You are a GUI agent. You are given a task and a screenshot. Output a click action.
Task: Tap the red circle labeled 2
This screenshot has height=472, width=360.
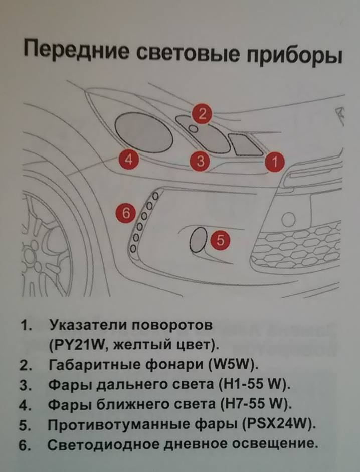coord(202,114)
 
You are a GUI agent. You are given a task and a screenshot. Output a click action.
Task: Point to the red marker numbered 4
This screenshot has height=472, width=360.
coord(129,160)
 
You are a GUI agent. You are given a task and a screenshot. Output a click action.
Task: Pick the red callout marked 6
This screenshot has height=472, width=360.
coord(126,213)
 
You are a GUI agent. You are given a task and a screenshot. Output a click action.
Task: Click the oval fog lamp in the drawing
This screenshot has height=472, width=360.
coord(197,240)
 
